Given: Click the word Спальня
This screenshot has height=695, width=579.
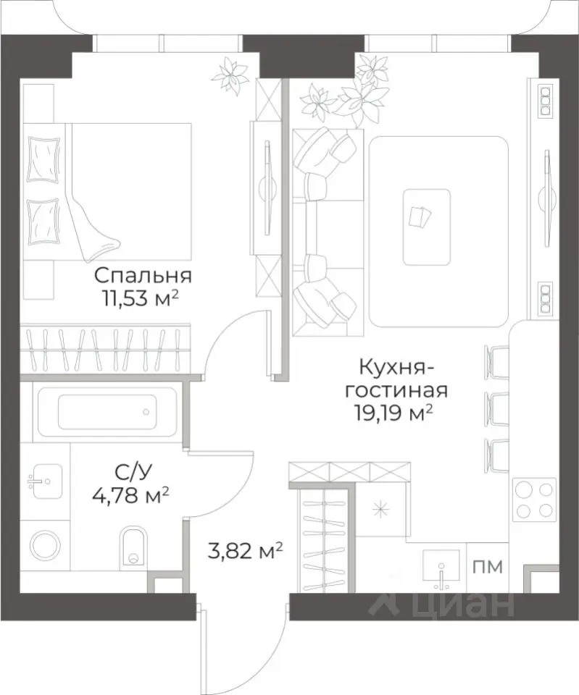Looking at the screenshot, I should tap(143, 275).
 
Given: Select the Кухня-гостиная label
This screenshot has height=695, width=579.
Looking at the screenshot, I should tap(396, 379).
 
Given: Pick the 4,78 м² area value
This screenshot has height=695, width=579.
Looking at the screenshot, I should tap(133, 497).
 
